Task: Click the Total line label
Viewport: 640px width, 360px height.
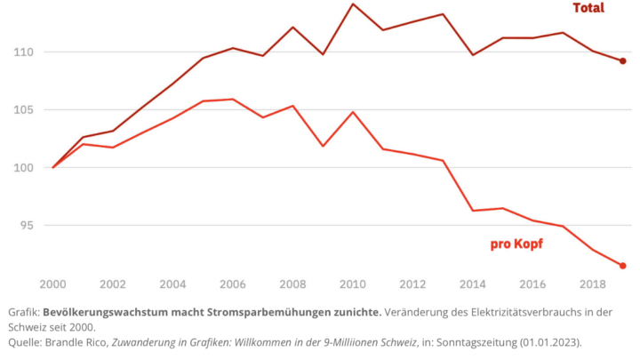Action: tap(588, 8)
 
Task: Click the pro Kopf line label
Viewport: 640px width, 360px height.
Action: tap(516, 244)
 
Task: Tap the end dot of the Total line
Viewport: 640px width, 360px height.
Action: tap(623, 61)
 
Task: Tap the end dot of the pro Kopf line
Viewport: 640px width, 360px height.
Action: tap(623, 266)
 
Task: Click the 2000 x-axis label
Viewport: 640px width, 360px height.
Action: tap(53, 284)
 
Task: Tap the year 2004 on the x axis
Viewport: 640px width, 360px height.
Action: tap(173, 284)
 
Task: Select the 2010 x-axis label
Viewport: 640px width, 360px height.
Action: tap(353, 284)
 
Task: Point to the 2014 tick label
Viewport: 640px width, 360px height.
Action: tap(473, 284)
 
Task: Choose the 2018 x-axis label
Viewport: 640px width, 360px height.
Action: tap(593, 284)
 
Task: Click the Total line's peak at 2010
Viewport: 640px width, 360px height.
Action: tap(353, 4)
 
